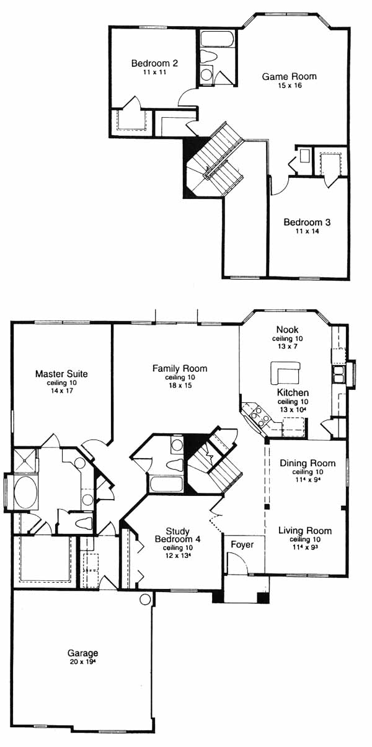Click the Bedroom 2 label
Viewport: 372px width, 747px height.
154,63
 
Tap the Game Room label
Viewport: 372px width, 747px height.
290,76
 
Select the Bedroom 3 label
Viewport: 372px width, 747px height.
307,222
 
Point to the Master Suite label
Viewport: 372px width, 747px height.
61,373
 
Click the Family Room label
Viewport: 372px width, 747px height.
180,368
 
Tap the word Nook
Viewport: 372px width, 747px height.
287,329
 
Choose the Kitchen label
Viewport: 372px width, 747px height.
293,392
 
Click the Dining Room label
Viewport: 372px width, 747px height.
308,463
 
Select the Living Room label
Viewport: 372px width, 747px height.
305,531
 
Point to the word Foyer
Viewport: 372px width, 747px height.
242,544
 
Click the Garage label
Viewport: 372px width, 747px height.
82,653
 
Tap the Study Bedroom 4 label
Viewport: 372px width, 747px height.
178,535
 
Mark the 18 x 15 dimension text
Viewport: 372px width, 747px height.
180,386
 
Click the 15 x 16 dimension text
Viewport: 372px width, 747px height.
290,86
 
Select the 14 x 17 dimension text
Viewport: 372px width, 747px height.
61,391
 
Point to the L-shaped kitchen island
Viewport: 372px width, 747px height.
286,373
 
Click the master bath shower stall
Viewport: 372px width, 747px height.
24,461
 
